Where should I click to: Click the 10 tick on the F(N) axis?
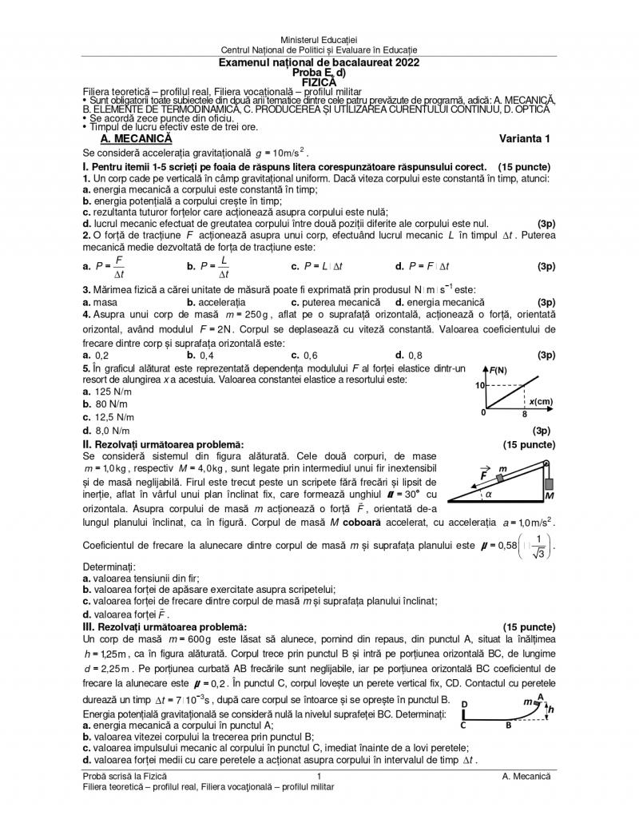pos(481,385)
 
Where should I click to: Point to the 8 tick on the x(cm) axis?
pos(525,415)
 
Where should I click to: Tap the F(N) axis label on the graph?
pos(498,369)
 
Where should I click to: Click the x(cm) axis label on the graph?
pos(541,401)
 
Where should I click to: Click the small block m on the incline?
pos(499,479)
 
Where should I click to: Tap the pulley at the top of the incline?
pos(546,463)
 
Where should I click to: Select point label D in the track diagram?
pos(464,704)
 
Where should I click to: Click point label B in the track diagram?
pos(509,726)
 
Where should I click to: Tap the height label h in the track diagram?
pos(550,708)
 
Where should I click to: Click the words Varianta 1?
pos(526,138)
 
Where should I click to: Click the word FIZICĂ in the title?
pos(319,81)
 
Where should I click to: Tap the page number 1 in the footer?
pos(319,776)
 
